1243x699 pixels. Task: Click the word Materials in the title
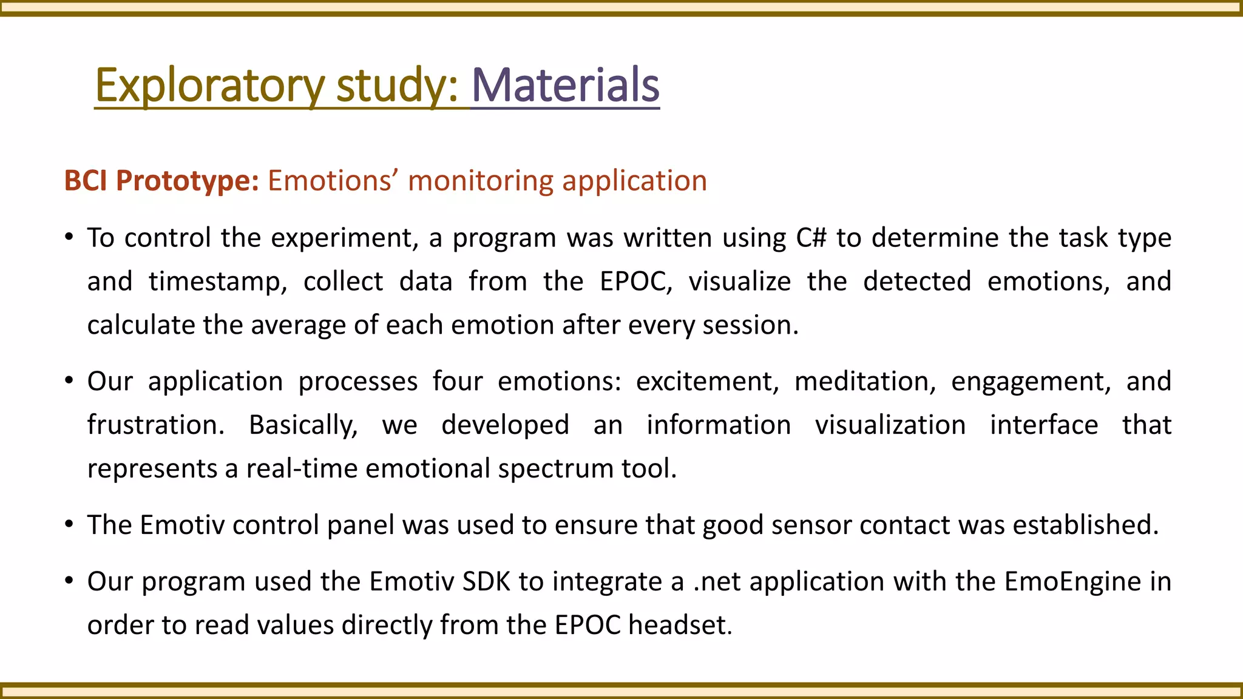pos(565,85)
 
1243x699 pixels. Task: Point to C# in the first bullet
pos(811,238)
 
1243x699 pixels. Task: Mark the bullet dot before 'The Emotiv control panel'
pos(70,524)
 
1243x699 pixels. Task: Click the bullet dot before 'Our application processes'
pos(70,381)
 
